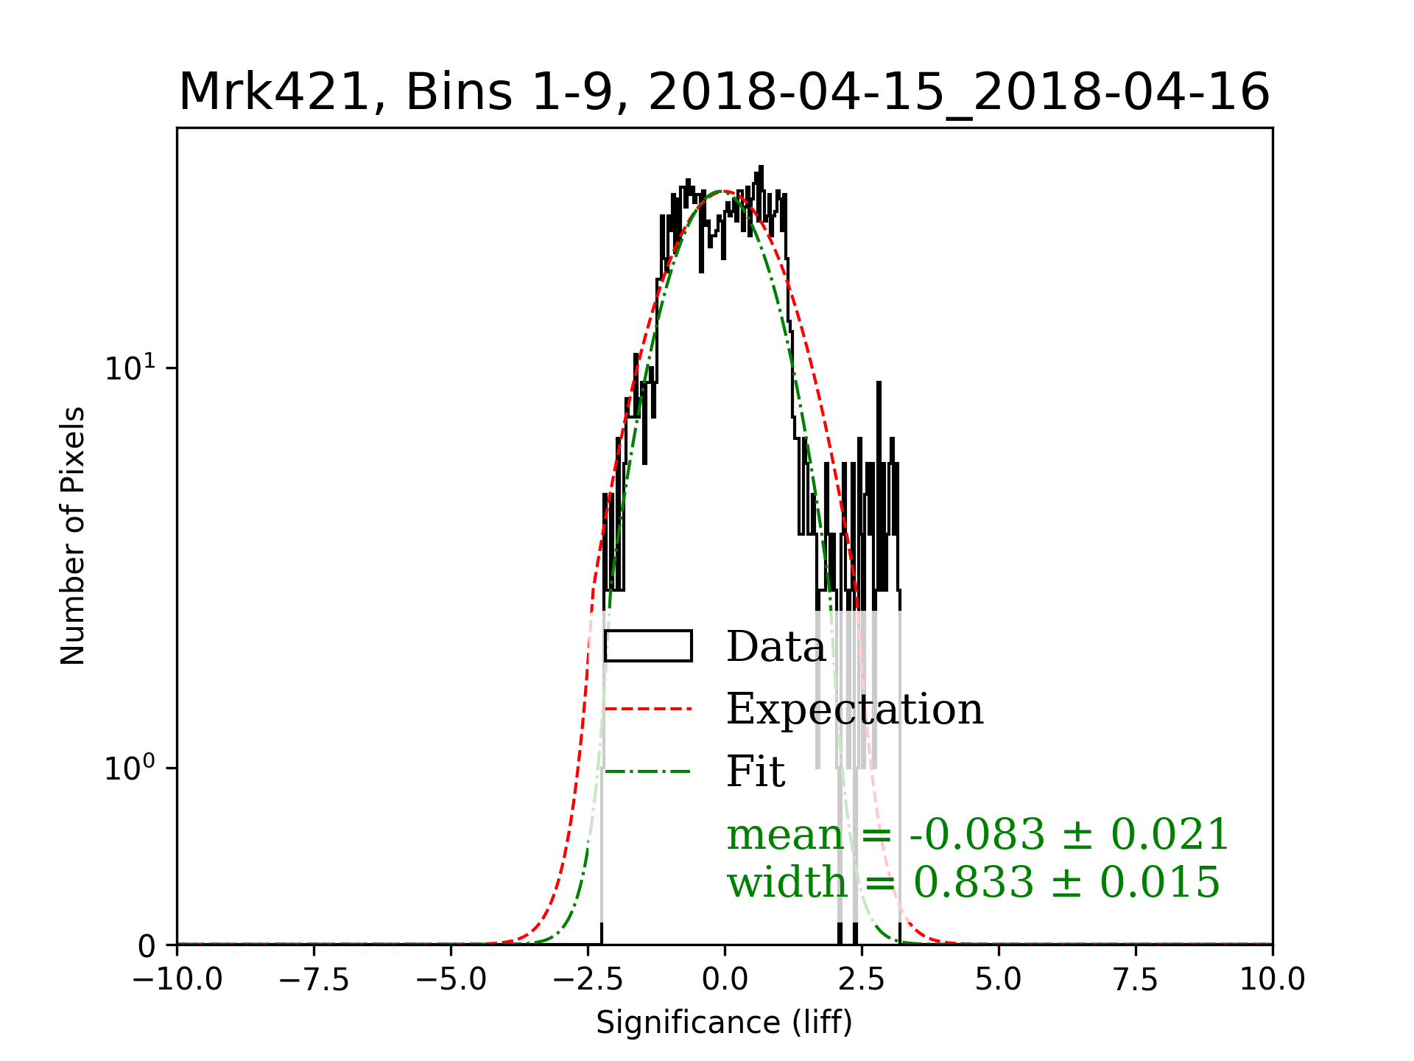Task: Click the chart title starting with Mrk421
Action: tap(724, 93)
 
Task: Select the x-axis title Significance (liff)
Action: tap(724, 1023)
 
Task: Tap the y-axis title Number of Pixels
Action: tap(73, 536)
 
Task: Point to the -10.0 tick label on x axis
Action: tap(177, 980)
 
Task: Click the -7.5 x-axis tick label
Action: tap(314, 980)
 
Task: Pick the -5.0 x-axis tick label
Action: tap(451, 980)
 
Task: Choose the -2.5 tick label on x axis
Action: tap(588, 980)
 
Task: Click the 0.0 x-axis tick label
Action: tap(725, 980)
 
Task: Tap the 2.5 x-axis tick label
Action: tap(862, 980)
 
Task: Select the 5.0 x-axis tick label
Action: tap(999, 980)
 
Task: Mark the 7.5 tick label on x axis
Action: tap(1136, 980)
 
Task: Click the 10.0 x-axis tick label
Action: tap(1273, 980)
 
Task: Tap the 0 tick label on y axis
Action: tap(147, 946)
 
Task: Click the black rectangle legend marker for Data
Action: tap(648, 646)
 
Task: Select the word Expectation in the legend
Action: tap(854, 709)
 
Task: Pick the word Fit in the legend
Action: tap(756, 771)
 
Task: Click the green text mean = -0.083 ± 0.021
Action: tap(977, 835)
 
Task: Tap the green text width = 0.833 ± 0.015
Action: tap(973, 882)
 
